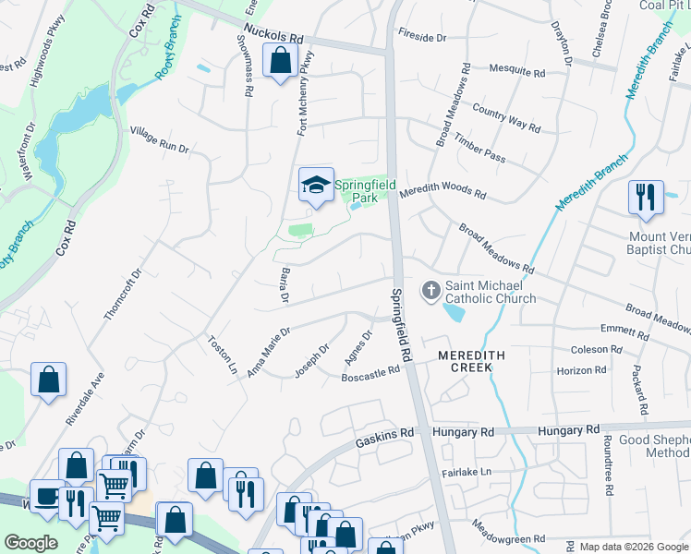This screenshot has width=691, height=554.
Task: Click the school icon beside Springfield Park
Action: point(316,185)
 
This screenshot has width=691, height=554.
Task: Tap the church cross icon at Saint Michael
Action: point(430,291)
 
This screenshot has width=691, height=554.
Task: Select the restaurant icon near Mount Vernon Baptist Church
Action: point(644,197)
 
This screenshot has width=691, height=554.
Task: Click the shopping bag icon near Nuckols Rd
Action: point(280,62)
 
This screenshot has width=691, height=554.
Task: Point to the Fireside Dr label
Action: point(422,37)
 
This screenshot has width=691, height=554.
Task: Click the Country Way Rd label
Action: point(505,117)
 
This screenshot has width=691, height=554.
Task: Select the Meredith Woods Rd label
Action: point(442,190)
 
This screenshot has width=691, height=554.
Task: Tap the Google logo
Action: point(31,543)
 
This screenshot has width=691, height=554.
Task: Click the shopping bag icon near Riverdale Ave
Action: point(48,379)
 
